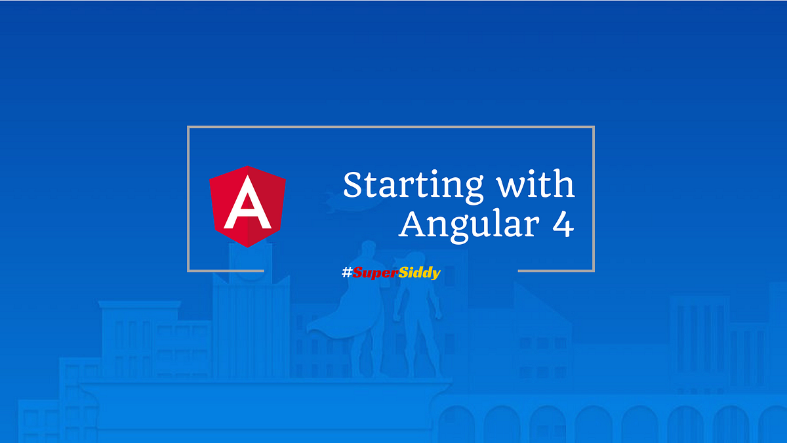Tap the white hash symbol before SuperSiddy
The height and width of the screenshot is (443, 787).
click(x=347, y=273)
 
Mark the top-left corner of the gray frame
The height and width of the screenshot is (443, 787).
click(x=189, y=127)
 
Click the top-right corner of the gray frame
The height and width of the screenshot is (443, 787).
click(x=594, y=127)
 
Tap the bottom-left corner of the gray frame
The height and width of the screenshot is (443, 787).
click(x=189, y=270)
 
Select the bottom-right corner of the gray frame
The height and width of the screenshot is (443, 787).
click(x=594, y=270)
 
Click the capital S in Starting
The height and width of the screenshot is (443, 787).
click(x=353, y=186)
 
